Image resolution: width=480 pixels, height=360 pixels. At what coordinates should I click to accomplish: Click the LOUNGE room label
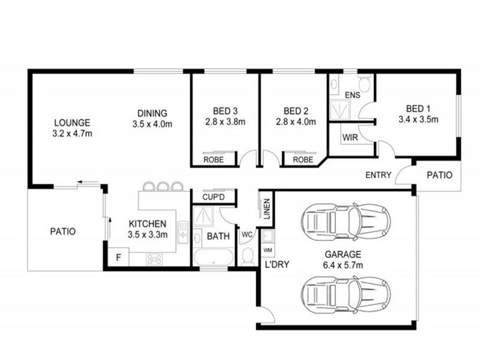[x=72, y=123]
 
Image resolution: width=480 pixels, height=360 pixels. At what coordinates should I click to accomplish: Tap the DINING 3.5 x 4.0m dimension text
[x=152, y=124]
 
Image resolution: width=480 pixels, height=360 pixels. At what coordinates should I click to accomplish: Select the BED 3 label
[x=226, y=111]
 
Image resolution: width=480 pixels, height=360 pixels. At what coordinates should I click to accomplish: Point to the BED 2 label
[x=296, y=111]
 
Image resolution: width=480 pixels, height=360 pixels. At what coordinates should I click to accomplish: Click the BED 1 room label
[x=418, y=109]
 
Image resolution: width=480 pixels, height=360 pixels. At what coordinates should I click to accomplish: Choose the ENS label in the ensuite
[x=353, y=95]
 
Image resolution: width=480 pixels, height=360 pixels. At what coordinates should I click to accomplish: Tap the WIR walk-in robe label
[x=350, y=137]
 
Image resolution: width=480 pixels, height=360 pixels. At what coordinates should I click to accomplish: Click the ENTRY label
[x=379, y=175]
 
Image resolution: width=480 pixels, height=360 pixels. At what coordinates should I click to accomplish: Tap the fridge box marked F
[x=118, y=257]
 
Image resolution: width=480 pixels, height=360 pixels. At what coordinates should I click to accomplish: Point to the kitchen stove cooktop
[x=154, y=260]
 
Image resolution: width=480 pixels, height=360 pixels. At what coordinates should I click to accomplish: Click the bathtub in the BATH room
[x=214, y=257]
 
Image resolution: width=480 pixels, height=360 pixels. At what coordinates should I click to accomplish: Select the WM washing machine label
[x=268, y=250]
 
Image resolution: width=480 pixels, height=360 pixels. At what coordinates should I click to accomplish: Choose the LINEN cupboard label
[x=267, y=209]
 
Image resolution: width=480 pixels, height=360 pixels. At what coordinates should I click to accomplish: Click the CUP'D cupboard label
[x=214, y=197]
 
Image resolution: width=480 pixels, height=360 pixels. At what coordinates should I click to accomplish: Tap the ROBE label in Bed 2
[x=303, y=160]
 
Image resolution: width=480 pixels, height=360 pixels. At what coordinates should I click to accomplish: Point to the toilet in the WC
[x=248, y=257]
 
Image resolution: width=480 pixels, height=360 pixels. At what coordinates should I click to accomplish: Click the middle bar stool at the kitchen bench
[x=163, y=186]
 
